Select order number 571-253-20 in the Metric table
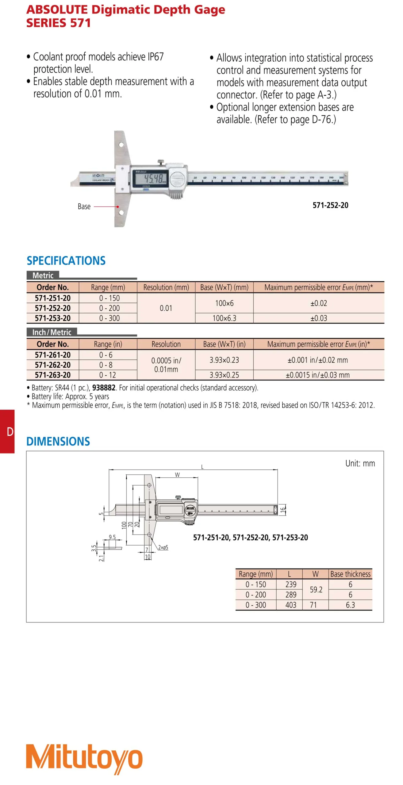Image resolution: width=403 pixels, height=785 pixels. (53, 318)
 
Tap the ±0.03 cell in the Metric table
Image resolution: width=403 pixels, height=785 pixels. (319, 318)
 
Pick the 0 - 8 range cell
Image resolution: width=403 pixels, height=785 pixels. (106, 365)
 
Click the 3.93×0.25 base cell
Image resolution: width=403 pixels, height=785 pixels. (224, 375)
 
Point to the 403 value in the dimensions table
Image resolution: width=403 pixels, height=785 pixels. (291, 605)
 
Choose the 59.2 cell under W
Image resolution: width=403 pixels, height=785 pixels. (316, 589)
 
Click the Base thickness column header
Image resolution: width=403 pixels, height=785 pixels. (350, 574)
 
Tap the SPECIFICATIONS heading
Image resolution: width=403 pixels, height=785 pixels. (66, 261)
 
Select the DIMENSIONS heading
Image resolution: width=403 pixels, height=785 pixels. (58, 441)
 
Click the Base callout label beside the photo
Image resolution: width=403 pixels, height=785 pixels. (84, 206)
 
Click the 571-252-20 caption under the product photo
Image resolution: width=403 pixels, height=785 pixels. (330, 205)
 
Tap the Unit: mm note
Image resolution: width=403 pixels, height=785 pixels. (360, 463)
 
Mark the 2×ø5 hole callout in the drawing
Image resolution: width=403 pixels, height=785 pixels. (163, 547)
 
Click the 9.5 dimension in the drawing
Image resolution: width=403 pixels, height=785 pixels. (112, 537)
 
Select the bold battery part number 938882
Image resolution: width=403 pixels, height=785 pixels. (104, 388)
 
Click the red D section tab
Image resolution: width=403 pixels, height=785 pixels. (7, 431)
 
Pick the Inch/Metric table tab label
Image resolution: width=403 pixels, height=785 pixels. (52, 332)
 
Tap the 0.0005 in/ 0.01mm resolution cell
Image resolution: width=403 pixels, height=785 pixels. (166, 365)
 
